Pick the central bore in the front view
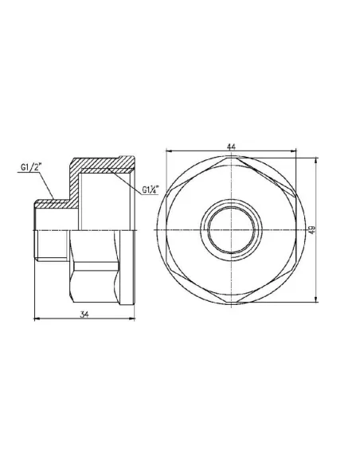point(231,229)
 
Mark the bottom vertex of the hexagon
point(231,301)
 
